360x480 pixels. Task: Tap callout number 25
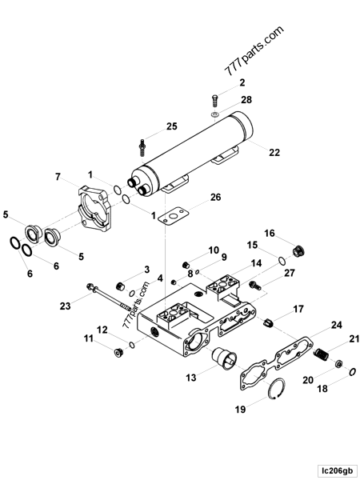[172, 126]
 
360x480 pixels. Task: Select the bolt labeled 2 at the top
[214, 101]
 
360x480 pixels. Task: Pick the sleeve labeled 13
[220, 361]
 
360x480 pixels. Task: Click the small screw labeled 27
[256, 285]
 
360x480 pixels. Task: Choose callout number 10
[214, 250]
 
